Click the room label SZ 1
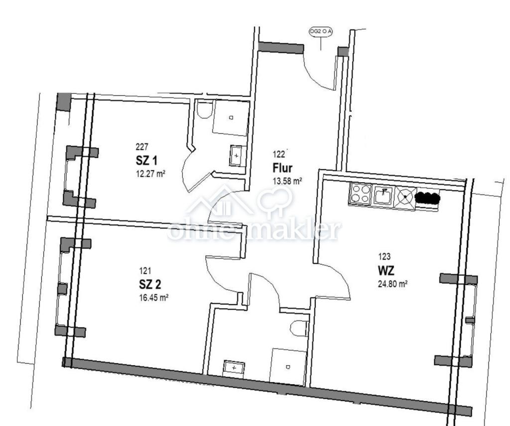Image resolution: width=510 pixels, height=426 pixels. [x=146, y=161]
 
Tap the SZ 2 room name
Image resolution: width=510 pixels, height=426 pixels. [x=150, y=285]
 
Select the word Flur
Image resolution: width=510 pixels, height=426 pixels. [x=282, y=168]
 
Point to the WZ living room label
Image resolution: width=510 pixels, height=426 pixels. [x=386, y=270]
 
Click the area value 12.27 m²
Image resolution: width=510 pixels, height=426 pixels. [x=150, y=174]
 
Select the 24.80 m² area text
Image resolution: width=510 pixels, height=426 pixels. [x=393, y=284]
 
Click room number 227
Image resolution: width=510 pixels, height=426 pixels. [x=142, y=147]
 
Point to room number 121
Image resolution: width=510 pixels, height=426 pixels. [x=145, y=271]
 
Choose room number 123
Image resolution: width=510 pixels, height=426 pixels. [x=384, y=257]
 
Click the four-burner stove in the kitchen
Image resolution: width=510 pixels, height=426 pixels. [x=360, y=194]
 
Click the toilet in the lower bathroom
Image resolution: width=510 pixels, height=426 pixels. [x=299, y=328]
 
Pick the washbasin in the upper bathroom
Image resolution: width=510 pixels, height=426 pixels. [x=238, y=156]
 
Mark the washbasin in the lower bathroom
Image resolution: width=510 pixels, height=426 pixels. [x=234, y=368]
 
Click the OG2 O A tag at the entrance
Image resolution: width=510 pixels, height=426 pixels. [x=321, y=31]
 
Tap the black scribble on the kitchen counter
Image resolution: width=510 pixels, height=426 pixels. [x=428, y=197]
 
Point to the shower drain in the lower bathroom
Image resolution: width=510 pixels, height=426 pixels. [x=288, y=367]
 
